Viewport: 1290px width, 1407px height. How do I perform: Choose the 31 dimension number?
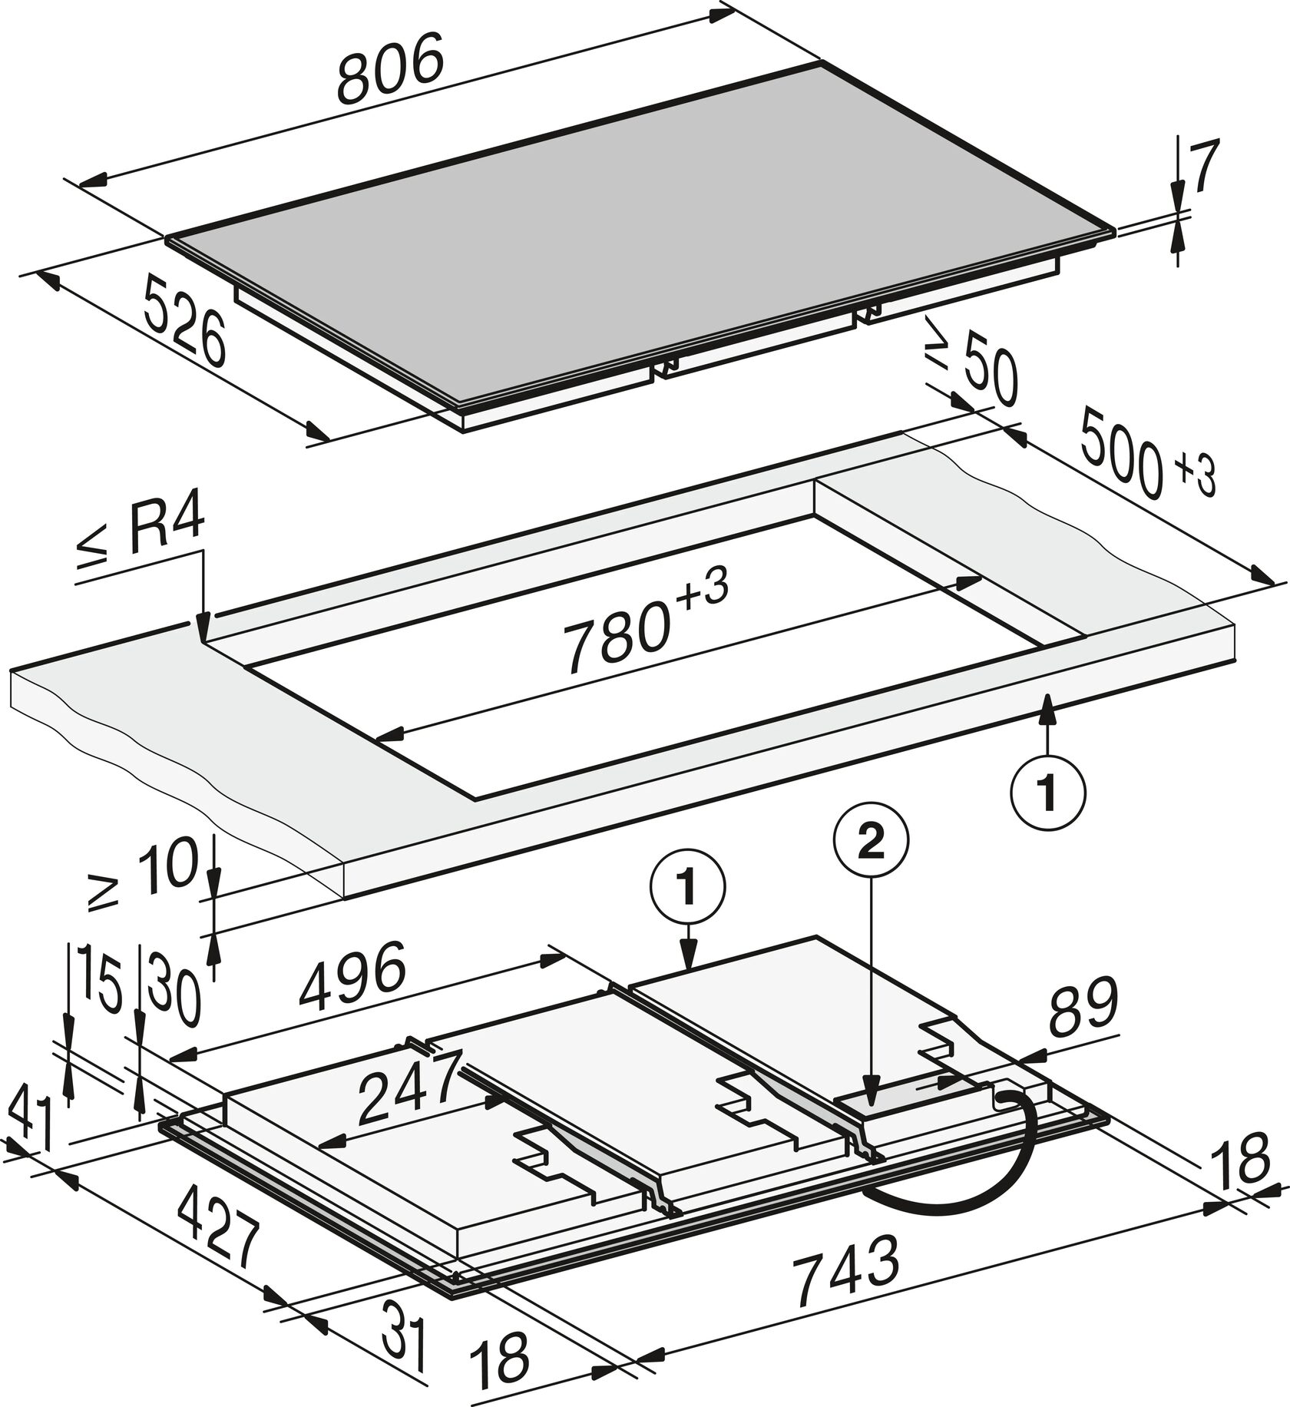(x=403, y=1336)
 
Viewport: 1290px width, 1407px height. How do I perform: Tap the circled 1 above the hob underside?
(x=687, y=889)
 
